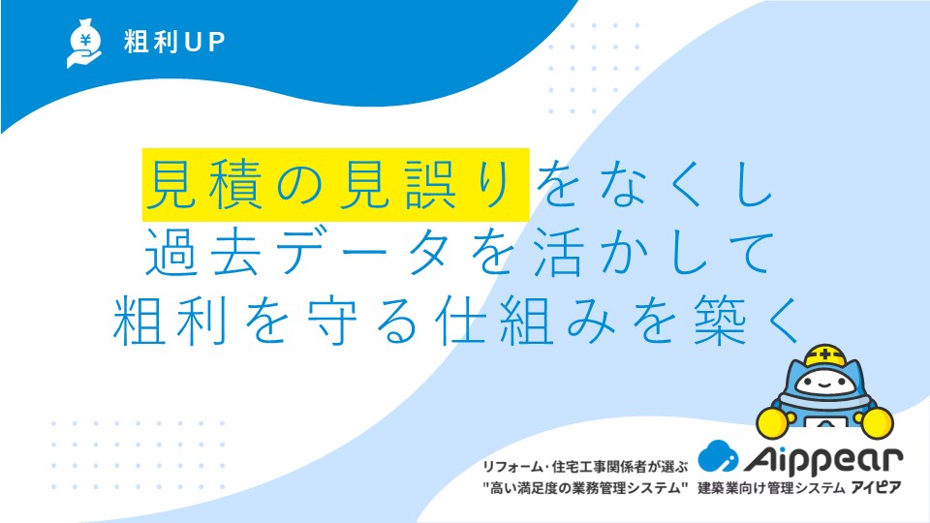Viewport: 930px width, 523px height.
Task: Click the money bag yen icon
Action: point(84,43)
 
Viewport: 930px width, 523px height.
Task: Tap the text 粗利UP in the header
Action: point(174,42)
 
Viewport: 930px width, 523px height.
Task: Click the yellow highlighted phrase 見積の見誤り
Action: point(336,184)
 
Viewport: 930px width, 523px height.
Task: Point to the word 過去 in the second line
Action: point(203,252)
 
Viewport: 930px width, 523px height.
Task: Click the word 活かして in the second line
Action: point(654,252)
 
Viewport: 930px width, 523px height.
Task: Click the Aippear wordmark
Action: point(823,458)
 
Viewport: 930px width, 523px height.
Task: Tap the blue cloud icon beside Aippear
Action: point(718,455)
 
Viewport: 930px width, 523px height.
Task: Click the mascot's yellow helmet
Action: point(825,354)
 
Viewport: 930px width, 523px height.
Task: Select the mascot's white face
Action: point(824,383)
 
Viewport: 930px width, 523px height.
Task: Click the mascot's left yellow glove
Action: point(773,421)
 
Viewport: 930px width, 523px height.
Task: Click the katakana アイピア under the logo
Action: point(877,488)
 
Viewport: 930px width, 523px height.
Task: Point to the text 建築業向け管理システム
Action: point(771,488)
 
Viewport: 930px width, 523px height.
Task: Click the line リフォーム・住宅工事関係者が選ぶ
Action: point(585,467)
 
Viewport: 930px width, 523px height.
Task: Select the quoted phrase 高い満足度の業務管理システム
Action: point(585,488)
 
